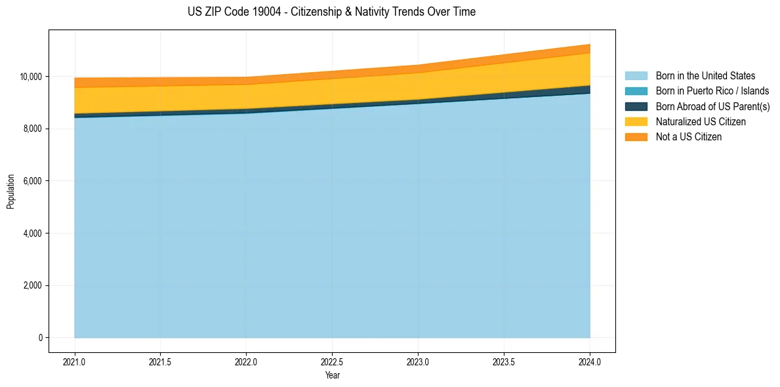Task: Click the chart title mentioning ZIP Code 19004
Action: pyautogui.click(x=331, y=12)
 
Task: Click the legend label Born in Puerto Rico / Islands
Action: pyautogui.click(x=712, y=91)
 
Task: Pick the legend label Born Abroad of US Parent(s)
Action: pyautogui.click(x=712, y=106)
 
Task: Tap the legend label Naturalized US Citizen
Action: pyautogui.click(x=701, y=122)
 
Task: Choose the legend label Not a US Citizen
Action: pyautogui.click(x=688, y=137)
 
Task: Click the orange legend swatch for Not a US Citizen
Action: pyautogui.click(x=636, y=137)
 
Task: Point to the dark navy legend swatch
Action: pyautogui.click(x=636, y=106)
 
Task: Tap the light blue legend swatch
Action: pyautogui.click(x=636, y=76)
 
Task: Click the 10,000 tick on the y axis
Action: pyautogui.click(x=31, y=77)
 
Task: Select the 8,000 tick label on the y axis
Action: pyautogui.click(x=33, y=129)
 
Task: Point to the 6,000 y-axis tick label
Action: pyautogui.click(x=33, y=181)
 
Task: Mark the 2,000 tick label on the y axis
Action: pyautogui.click(x=33, y=286)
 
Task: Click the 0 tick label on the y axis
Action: pyautogui.click(x=41, y=338)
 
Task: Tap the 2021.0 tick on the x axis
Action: pyautogui.click(x=75, y=361)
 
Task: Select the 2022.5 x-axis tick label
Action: pyautogui.click(x=333, y=361)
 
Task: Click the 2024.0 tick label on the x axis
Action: pyautogui.click(x=590, y=361)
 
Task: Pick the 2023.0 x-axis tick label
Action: pyautogui.click(x=418, y=361)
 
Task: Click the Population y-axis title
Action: pyautogui.click(x=10, y=192)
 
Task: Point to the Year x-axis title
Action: pyautogui.click(x=333, y=376)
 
